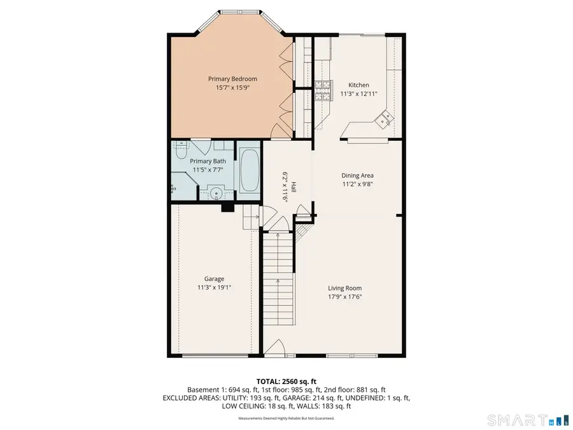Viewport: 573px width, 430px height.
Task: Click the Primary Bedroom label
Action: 232,78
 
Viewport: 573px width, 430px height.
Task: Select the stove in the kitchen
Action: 323,91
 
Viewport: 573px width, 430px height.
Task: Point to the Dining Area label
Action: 357,175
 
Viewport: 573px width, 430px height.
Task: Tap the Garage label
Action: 213,278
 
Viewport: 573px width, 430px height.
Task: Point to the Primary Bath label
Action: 208,161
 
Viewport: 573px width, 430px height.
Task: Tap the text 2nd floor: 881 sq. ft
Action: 354,389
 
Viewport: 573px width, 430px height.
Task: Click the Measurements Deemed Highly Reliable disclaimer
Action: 286,419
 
